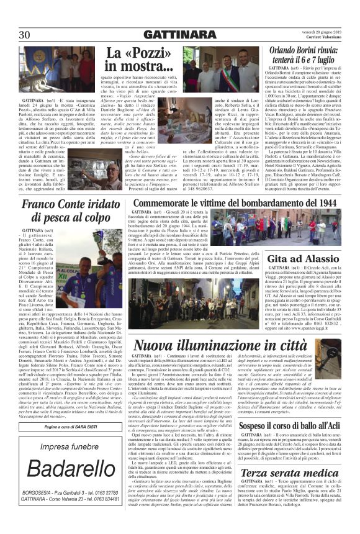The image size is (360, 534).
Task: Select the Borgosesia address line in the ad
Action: point(61,510)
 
